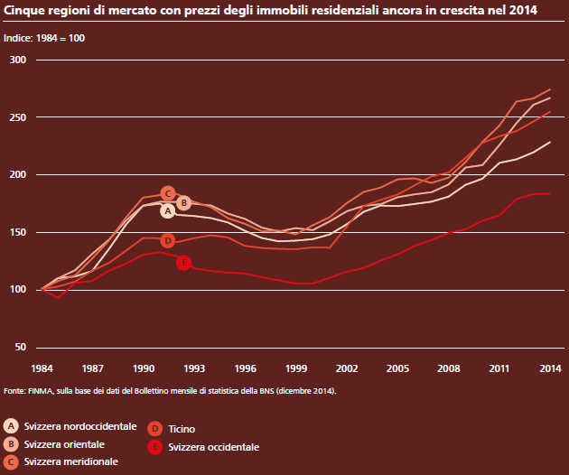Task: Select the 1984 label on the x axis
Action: pos(42,368)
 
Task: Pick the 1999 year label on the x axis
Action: pos(295,368)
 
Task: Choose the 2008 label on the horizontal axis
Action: pos(448,368)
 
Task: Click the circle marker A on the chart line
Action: pos(167,210)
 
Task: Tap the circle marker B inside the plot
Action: pos(183,202)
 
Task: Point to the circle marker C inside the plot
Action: pos(167,193)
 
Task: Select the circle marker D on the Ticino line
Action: pos(167,240)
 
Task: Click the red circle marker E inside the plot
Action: pos(184,262)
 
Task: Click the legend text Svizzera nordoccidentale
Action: pos(80,425)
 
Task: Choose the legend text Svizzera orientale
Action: pos(64,444)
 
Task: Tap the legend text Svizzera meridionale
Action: pos(70,462)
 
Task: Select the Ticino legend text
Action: pos(182,430)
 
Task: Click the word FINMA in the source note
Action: pos(40,391)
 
